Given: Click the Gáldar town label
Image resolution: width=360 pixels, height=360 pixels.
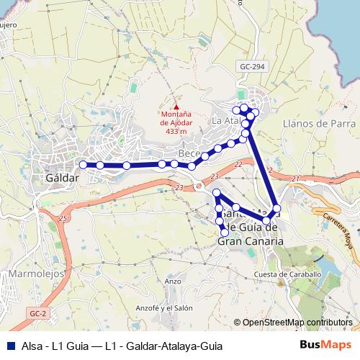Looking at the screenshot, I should click(61, 177).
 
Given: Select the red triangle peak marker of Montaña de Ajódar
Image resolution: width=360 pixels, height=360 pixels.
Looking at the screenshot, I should click(176, 107).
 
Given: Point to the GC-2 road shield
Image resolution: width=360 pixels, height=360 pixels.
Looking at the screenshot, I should click(39, 314).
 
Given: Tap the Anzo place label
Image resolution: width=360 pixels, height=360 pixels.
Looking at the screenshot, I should click(173, 281).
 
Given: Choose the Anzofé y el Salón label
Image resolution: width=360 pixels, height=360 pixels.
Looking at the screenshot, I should click(165, 307).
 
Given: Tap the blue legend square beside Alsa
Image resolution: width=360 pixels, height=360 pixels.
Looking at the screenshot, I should click(10, 344).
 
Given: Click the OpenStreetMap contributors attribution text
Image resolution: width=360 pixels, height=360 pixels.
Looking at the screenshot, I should click(297, 323).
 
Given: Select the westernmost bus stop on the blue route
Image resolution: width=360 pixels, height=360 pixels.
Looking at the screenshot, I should click(83, 165).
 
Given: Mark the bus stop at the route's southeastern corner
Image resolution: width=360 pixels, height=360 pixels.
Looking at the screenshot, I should click(276, 208).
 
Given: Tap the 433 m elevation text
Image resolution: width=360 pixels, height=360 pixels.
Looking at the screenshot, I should click(176, 132).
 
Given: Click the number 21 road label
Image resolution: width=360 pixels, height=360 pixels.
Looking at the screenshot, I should click(296, 177).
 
